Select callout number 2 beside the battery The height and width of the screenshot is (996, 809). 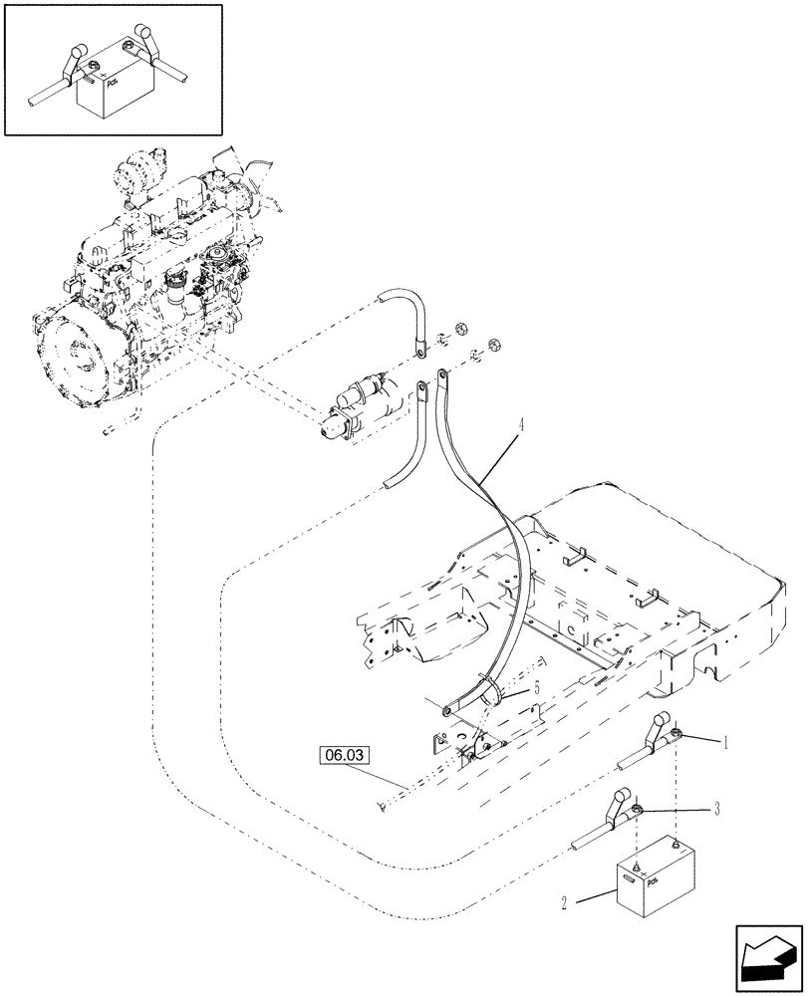[x=564, y=903]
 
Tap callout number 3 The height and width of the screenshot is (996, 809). [x=717, y=811]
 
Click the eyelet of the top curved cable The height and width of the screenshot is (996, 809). [x=422, y=350]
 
